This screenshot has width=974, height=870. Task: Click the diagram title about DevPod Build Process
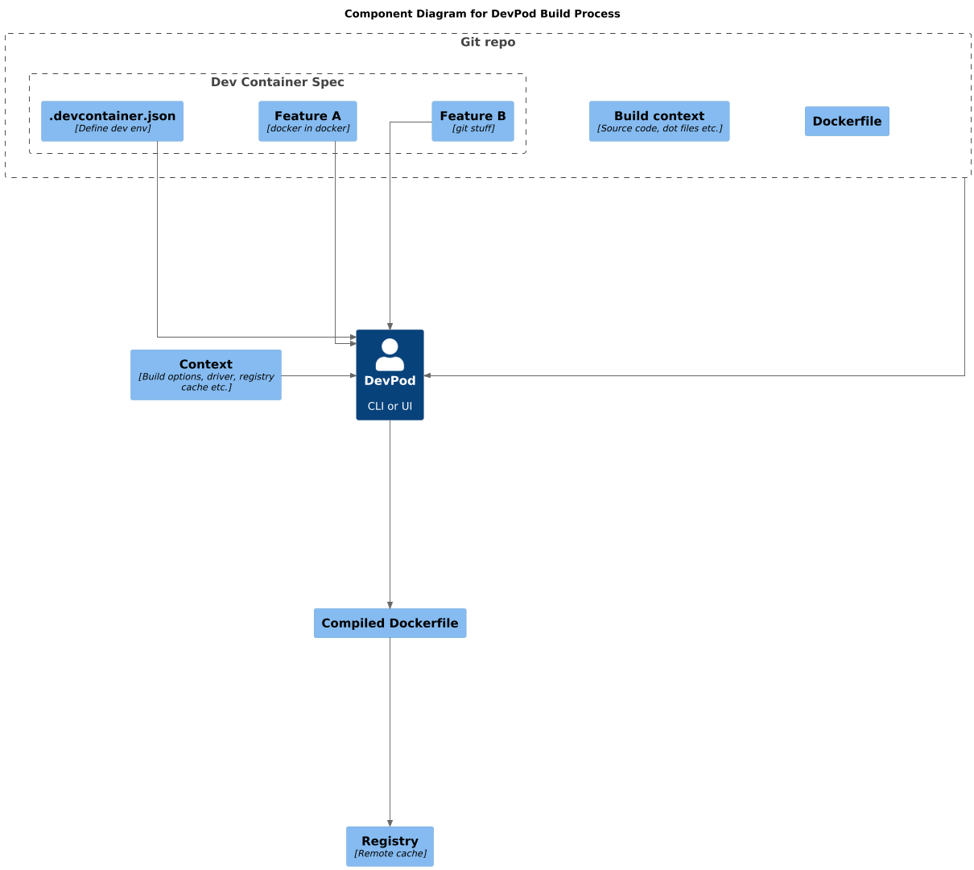point(481,14)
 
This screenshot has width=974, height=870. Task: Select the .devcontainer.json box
point(112,121)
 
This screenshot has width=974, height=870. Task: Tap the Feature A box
point(307,121)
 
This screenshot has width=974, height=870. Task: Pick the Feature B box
point(473,121)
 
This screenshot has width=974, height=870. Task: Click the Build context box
point(658,121)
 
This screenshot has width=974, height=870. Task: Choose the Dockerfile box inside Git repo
point(847,122)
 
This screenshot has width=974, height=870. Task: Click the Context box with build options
point(206,375)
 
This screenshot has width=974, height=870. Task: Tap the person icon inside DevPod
point(390,354)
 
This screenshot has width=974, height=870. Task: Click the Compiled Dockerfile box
point(390,623)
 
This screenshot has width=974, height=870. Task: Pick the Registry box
point(390,846)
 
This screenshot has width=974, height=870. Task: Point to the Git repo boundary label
point(488,42)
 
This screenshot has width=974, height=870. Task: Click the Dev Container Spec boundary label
point(277,82)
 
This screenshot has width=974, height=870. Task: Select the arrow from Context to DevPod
point(318,375)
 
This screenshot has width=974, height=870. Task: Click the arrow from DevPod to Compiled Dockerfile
point(390,516)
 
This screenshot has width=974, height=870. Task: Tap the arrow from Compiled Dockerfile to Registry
point(390,733)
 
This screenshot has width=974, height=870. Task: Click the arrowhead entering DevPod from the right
point(428,375)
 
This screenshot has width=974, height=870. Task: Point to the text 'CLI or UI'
point(390,406)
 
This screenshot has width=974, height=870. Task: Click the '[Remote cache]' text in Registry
point(390,854)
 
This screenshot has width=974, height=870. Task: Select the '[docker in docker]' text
point(307,129)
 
